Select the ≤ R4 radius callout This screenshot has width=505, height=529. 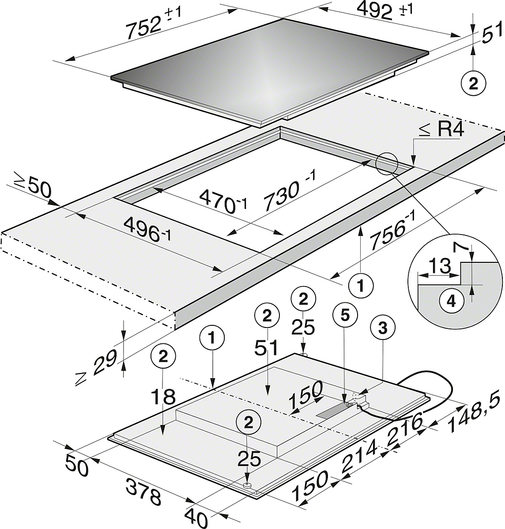441,130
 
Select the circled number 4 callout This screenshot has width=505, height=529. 452,302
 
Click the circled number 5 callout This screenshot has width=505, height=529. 346,316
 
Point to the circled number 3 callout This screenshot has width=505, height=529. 383,328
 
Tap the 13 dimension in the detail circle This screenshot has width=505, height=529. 439,265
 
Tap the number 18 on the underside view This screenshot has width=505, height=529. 163,397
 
